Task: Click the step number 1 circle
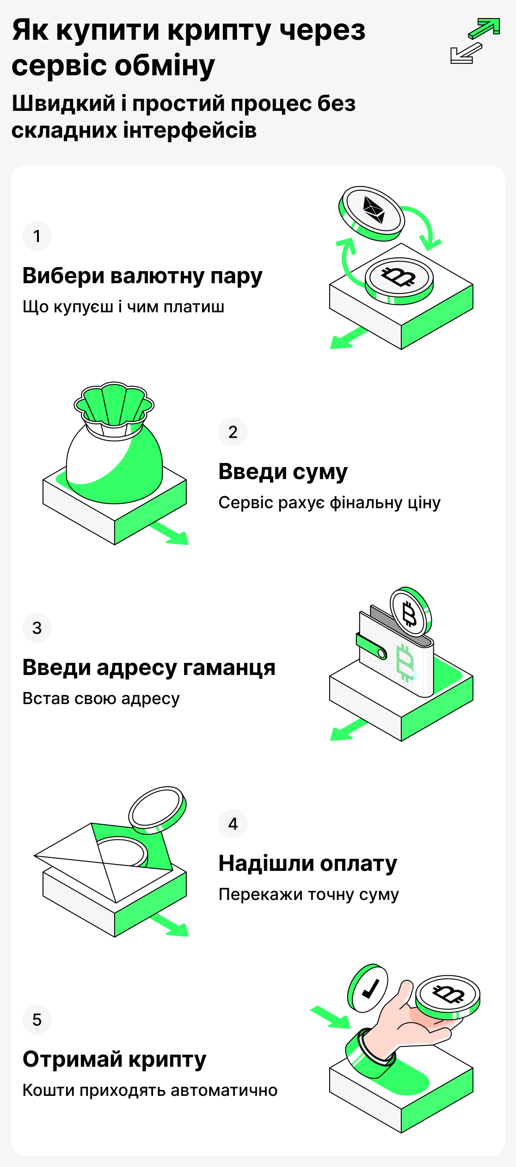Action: click(37, 236)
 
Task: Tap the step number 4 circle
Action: click(233, 824)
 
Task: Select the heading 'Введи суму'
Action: click(283, 472)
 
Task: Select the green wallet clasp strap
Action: click(371, 646)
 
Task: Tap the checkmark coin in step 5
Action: click(368, 988)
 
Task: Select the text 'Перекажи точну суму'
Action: click(308, 894)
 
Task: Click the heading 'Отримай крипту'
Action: click(114, 1059)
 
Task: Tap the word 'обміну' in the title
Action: click(165, 66)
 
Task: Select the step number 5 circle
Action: click(37, 1020)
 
